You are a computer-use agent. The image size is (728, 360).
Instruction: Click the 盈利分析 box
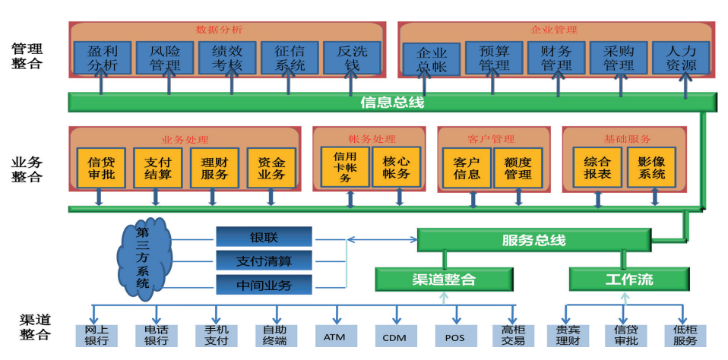point(103,58)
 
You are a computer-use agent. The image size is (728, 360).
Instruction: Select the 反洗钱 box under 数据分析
point(352,58)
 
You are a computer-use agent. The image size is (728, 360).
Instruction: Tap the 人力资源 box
point(681,58)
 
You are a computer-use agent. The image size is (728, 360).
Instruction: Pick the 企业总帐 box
point(431,59)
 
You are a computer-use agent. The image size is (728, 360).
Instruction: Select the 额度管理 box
point(518,168)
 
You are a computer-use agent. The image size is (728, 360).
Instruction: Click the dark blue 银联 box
point(264,237)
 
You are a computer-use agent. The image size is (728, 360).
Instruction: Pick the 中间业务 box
point(264,286)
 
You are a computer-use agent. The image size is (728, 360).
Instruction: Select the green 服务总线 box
point(533,240)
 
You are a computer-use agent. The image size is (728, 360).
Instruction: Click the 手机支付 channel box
point(217,336)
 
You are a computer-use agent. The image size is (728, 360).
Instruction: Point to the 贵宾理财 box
point(563,336)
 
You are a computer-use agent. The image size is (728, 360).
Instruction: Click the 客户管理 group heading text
point(491,139)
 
